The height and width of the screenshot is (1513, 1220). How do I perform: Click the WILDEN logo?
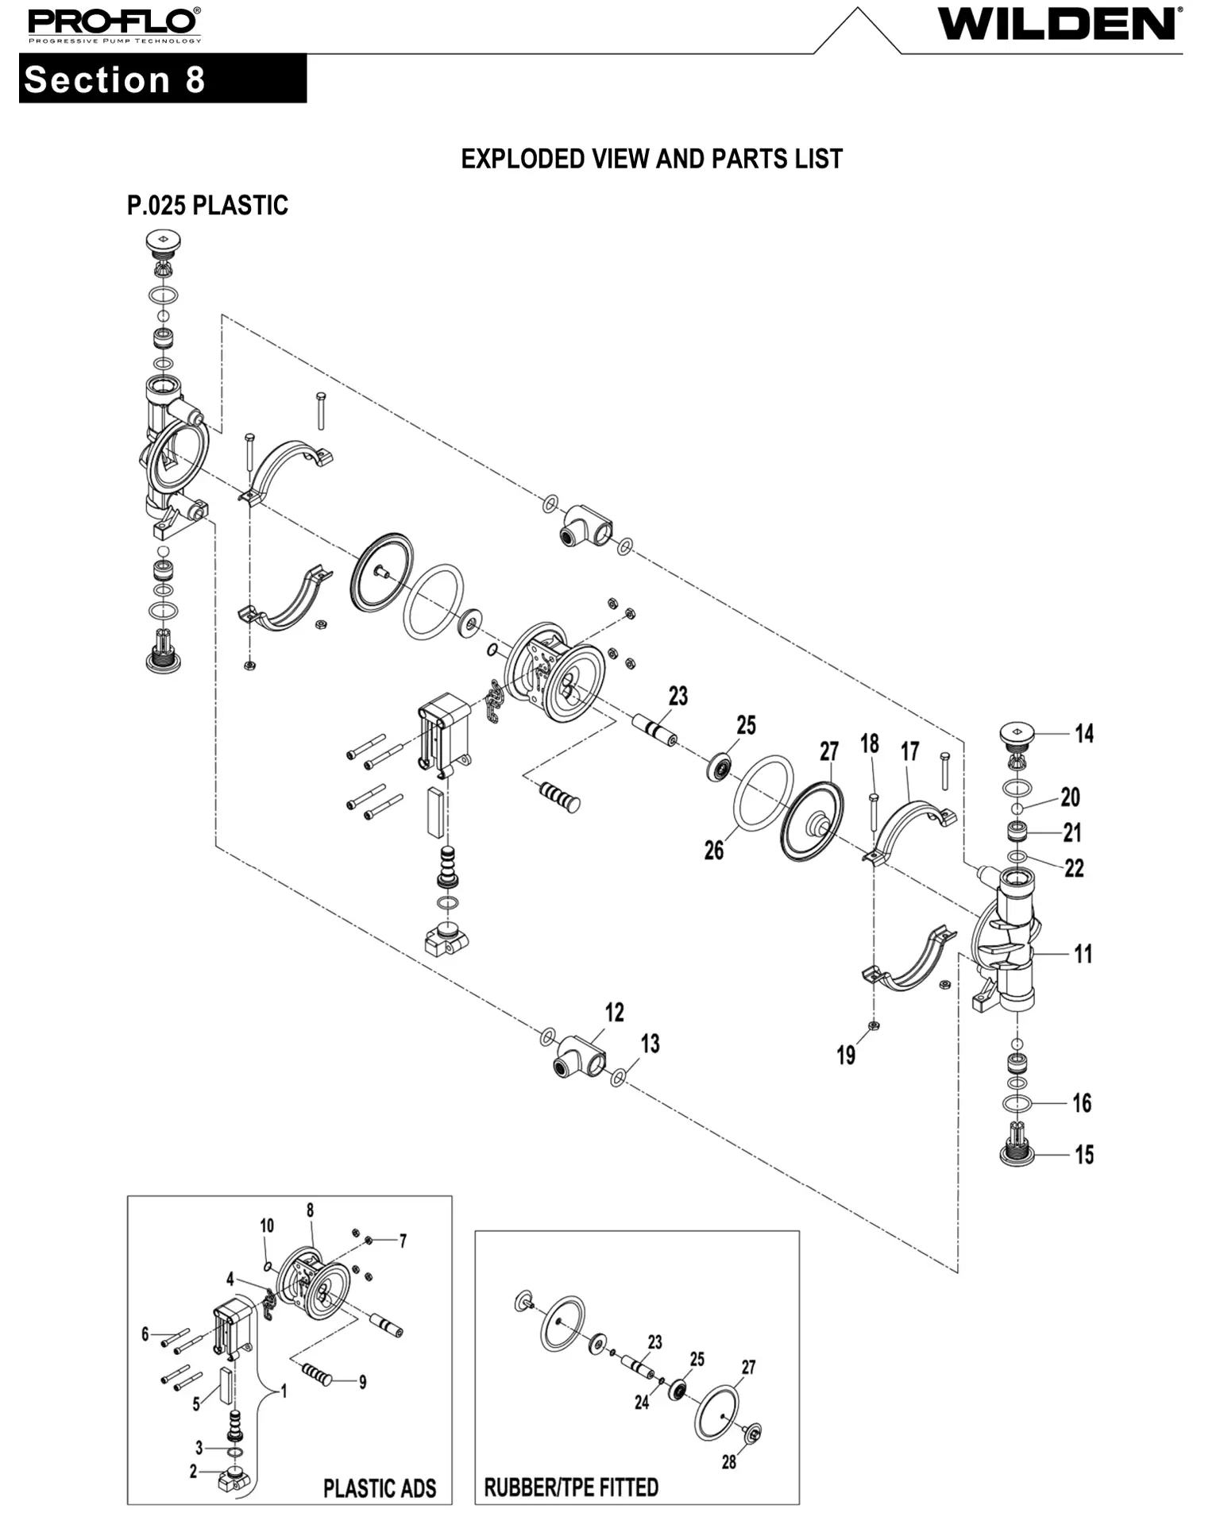(1060, 24)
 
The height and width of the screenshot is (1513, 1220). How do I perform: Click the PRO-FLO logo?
(114, 25)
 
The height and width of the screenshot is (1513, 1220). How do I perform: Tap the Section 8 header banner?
(162, 79)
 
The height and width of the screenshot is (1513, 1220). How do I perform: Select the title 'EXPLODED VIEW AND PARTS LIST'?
(651, 159)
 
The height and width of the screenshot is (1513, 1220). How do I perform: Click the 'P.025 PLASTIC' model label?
(207, 206)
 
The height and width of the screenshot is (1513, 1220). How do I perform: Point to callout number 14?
(1084, 733)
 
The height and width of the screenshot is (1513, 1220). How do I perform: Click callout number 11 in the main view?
(1083, 954)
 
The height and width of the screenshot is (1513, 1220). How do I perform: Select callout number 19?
(846, 1055)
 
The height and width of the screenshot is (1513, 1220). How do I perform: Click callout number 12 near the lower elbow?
(614, 1012)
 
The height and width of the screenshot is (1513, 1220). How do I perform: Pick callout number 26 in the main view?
(714, 850)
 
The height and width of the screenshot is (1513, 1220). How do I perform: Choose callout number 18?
(870, 744)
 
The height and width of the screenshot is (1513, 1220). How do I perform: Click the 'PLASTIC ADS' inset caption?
(380, 1488)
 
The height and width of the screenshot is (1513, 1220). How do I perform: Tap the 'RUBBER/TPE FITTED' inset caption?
(571, 1487)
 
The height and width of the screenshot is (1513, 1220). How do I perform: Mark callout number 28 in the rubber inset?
(728, 1462)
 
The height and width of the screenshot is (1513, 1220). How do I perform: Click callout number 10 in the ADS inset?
(267, 1225)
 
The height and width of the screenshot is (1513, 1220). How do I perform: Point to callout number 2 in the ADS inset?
(193, 1472)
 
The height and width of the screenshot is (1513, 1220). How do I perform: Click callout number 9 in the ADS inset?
(362, 1383)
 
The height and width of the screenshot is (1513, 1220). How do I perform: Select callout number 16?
(1082, 1102)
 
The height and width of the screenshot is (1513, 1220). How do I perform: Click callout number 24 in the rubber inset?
(642, 1403)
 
